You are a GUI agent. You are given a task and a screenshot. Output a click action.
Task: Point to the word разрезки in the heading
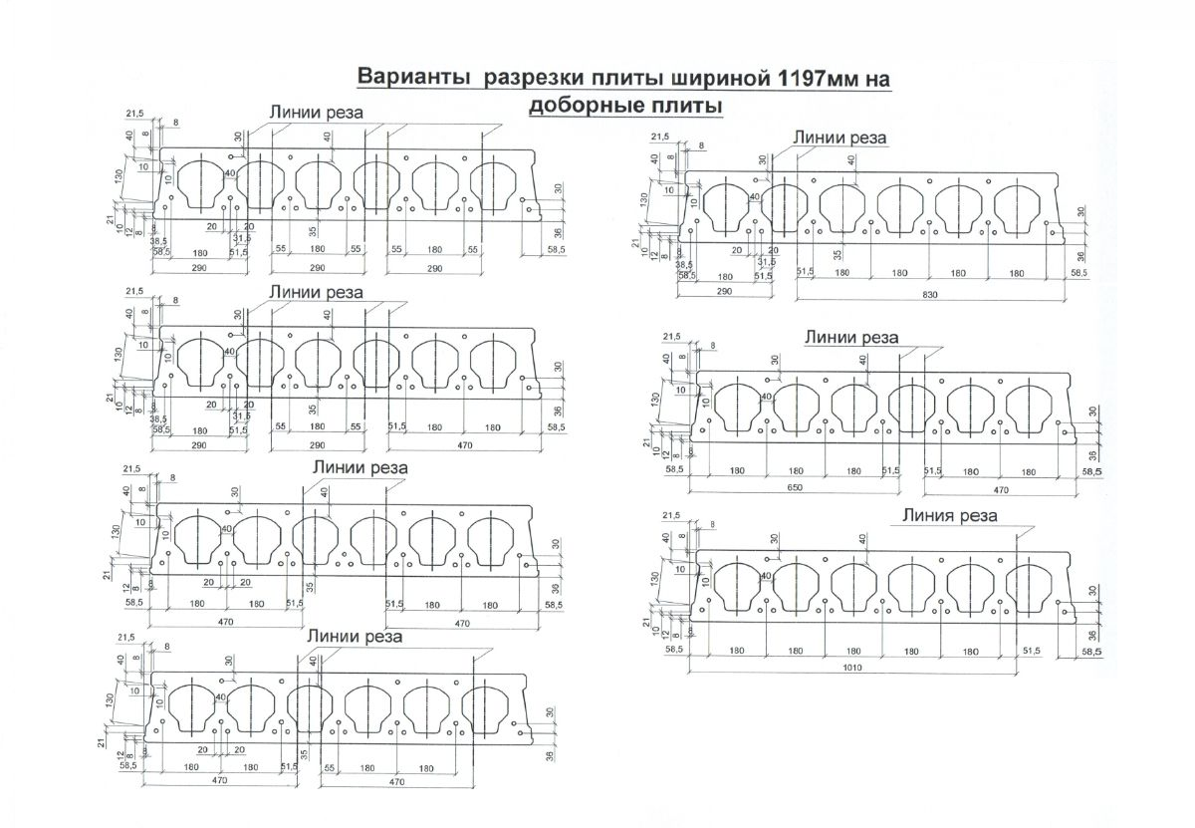point(528,80)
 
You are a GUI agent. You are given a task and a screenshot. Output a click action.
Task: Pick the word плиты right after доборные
point(686,105)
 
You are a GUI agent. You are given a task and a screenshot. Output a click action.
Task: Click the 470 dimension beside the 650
point(1000,488)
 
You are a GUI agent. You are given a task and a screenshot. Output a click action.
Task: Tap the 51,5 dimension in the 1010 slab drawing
point(1031,650)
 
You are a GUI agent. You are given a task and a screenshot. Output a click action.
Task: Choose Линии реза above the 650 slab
point(851,338)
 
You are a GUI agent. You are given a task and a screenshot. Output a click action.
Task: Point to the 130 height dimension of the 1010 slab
point(654,577)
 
